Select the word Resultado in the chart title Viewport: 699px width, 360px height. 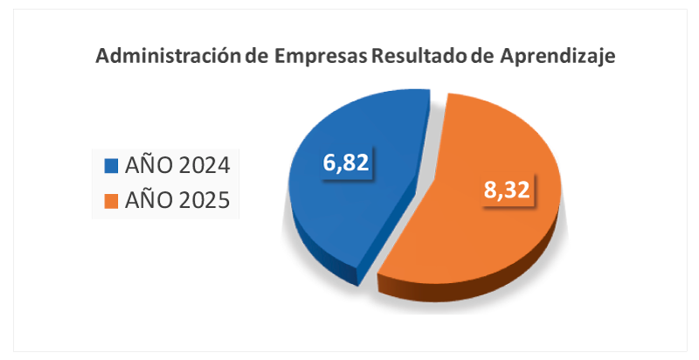pos(419,58)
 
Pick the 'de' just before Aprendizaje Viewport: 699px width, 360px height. pos(483,58)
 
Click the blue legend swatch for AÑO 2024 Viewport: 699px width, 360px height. pos(111,164)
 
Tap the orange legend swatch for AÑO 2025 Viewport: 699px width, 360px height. pos(111,201)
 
